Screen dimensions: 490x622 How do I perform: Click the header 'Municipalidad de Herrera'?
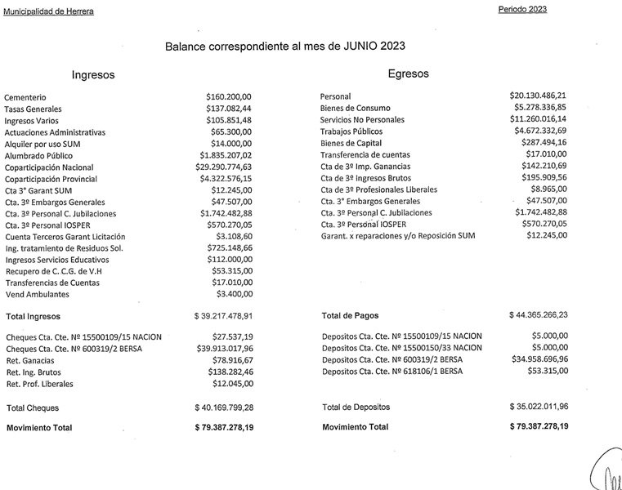(48, 10)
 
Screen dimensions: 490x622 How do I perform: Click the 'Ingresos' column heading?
(93, 74)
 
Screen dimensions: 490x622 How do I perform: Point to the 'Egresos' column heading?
(408, 73)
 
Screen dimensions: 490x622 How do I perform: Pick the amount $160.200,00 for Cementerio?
(229, 96)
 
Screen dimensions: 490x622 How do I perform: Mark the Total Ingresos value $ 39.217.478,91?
(223, 314)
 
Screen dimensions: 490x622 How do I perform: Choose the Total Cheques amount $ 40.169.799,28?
(223, 407)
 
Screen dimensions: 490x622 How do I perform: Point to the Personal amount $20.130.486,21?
(538, 96)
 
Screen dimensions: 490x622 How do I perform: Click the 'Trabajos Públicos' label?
(351, 131)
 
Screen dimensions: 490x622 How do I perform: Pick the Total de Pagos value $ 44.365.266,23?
(539, 314)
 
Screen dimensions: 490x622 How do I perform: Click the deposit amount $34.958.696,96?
(538, 359)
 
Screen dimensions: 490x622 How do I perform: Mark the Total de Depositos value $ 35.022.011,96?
(539, 406)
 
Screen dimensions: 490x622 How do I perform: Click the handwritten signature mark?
(606, 472)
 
